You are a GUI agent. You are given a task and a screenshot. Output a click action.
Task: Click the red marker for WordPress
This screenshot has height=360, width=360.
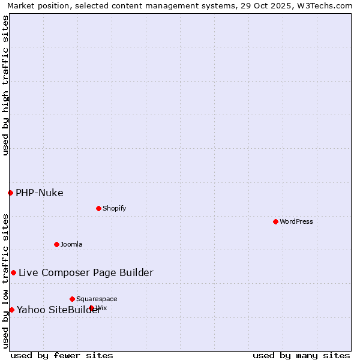[x=275, y=221]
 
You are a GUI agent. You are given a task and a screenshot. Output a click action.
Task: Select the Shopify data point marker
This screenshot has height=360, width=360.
[x=98, y=208]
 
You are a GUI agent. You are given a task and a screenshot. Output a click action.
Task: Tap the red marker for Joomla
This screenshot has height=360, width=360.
[x=56, y=244]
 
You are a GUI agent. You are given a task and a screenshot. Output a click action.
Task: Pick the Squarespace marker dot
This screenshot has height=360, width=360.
[x=72, y=299]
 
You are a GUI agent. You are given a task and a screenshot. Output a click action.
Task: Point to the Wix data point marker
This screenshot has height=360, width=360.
[x=91, y=308]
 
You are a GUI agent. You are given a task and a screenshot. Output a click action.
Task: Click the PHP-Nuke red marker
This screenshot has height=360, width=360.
[x=10, y=193]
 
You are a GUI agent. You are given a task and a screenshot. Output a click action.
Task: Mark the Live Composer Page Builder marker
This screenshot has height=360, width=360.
[x=13, y=272]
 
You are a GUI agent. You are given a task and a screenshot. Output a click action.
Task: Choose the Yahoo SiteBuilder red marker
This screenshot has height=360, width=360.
[x=11, y=310]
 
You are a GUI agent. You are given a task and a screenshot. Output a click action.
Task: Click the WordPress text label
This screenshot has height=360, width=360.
[x=296, y=221]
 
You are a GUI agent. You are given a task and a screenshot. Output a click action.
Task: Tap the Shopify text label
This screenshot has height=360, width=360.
[x=114, y=208]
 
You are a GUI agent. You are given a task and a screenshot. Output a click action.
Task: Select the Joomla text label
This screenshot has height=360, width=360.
[x=71, y=244]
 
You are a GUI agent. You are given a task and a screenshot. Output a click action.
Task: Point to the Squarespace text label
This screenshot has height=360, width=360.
[x=97, y=299]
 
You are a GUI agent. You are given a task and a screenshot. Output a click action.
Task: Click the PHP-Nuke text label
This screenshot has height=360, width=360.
[x=40, y=193]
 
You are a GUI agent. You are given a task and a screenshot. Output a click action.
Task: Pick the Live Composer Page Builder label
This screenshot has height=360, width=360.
[x=86, y=272]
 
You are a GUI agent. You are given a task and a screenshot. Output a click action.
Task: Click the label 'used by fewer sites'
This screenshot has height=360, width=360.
[x=62, y=355]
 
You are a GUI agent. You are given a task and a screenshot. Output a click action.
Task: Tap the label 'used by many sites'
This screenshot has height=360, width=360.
[x=301, y=355]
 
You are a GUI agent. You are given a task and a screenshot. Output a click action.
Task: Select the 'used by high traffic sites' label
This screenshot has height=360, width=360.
[x=5, y=85]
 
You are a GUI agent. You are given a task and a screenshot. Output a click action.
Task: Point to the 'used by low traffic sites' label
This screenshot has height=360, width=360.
[x=5, y=281]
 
